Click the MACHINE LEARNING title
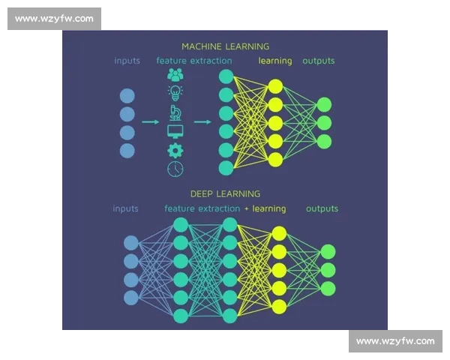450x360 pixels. pos(225,46)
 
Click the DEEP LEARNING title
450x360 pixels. pos(225,193)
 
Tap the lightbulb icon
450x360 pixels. pos(175,93)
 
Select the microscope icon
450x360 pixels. pos(175,112)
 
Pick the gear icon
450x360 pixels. pos(175,150)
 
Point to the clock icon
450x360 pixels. pos(175,169)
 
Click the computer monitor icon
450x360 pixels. pos(175,132)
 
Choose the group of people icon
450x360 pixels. pos(175,75)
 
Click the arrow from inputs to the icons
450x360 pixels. pos(151,121)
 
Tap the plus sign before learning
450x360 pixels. pos(247,208)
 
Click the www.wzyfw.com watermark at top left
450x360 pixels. pos(54,19)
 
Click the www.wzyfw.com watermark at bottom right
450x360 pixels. pos(395,341)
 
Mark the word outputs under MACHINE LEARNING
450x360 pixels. pos(318,61)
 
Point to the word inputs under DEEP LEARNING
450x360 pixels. pos(126,208)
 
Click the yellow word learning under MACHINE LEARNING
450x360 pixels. pos(275,61)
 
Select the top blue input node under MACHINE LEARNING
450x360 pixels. pos(127,96)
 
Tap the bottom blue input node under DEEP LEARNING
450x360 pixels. pos(131,298)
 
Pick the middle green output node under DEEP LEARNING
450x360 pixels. pos(328,270)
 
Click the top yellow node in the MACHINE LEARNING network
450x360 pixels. pos(275,86)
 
